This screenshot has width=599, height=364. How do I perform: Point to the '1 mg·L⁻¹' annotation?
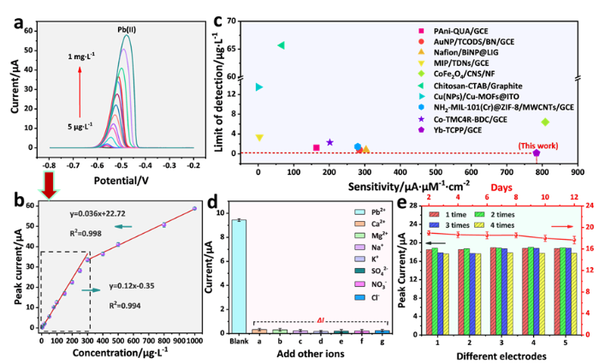[83, 57]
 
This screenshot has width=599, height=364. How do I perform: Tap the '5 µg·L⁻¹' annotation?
[83, 127]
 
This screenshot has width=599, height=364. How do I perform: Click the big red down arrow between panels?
[50, 182]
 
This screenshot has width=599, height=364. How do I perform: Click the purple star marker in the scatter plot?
[329, 142]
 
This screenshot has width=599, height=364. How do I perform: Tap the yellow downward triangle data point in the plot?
[259, 138]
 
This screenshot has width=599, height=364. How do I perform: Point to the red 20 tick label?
[588, 226]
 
